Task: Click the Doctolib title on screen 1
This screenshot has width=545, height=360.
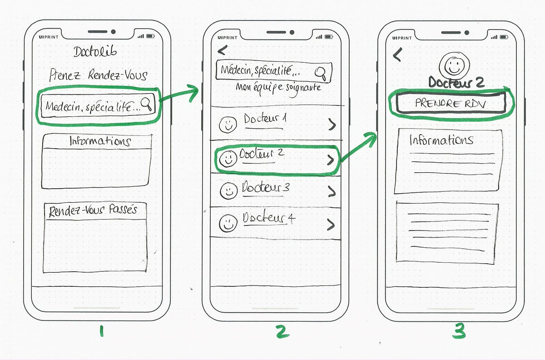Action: (95, 52)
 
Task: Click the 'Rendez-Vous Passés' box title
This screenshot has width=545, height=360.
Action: (93, 211)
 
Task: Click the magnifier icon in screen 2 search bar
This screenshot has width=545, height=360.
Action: (322, 72)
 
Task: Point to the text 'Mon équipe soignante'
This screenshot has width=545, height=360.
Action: (278, 87)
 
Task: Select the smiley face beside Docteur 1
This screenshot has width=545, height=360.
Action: (228, 124)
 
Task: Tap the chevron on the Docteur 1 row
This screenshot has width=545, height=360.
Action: (332, 125)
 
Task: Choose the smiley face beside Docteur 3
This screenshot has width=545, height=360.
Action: (228, 190)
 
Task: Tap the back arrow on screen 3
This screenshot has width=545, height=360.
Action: (397, 55)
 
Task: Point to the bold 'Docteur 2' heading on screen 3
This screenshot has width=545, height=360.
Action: (456, 83)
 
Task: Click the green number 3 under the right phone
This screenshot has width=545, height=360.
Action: (459, 332)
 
